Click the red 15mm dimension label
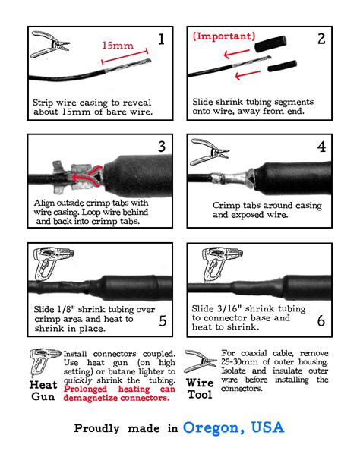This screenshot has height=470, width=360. (x=118, y=46)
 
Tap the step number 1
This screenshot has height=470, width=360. (x=161, y=39)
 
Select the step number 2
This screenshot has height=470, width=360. (x=321, y=39)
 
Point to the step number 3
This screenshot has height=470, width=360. (x=162, y=147)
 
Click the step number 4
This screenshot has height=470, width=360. (x=321, y=147)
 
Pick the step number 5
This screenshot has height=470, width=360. (x=163, y=320)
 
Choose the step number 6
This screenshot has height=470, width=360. (x=321, y=320)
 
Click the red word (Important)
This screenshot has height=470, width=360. (x=223, y=36)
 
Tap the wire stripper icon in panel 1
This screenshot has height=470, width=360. (x=50, y=44)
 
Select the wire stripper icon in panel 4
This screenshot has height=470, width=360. (x=210, y=151)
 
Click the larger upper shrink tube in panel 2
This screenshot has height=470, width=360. (x=270, y=44)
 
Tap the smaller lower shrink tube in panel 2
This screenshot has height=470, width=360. (x=282, y=66)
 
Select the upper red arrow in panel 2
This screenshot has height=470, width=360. (x=237, y=54)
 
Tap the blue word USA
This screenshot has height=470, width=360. (x=267, y=427)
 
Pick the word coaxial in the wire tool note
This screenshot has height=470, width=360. (x=255, y=353)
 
